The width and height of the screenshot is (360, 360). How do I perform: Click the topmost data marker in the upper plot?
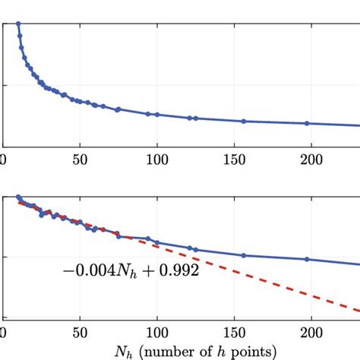click(18, 24)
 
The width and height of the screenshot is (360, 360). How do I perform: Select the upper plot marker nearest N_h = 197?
click(307, 123)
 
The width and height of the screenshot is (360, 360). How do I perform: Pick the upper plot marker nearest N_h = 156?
click(244, 122)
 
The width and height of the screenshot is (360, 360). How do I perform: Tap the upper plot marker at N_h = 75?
click(118, 109)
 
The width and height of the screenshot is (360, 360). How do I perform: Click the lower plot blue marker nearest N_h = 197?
click(307, 259)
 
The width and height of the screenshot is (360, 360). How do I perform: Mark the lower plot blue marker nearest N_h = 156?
click(244, 255)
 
